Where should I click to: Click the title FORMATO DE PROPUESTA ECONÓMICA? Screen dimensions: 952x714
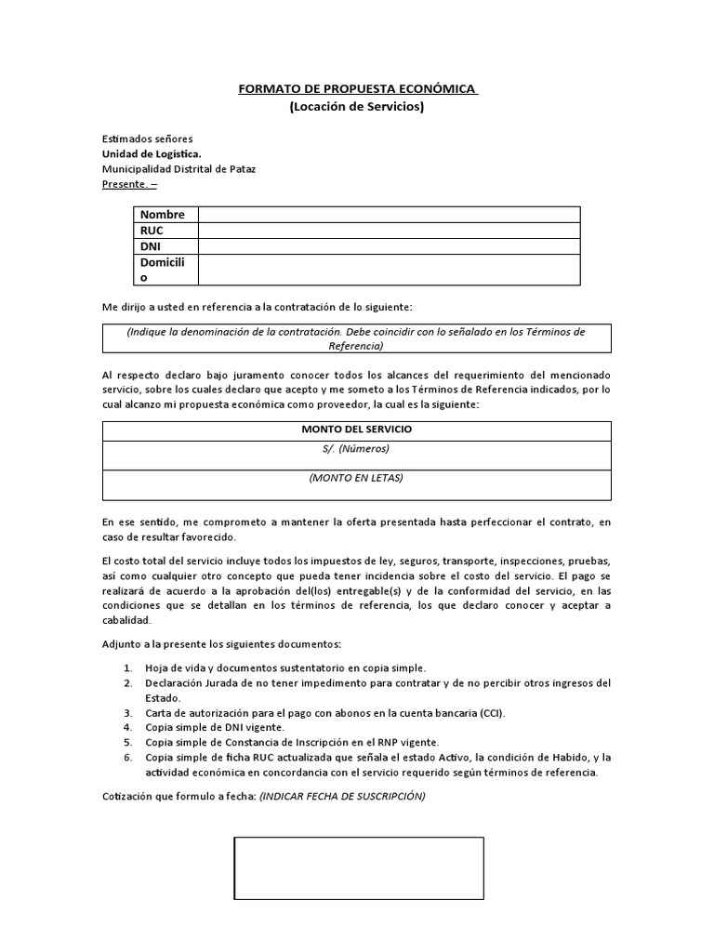pos(357,89)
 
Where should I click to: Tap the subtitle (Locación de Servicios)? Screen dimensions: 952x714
pos(357,107)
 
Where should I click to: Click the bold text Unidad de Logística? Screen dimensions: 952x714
pos(151,154)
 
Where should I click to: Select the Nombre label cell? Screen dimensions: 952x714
pos(163,215)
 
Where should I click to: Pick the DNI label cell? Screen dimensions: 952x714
pos(151,246)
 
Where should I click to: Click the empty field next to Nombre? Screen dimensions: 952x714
pos(388,215)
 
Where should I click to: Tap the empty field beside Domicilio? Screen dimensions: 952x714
pos(388,270)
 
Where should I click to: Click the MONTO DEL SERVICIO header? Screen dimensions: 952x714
pos(357,430)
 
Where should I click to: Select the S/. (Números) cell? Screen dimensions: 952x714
pos(357,449)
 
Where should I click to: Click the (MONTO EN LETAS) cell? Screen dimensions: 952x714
pos(357,478)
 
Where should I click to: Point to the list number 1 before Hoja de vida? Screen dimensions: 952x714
pos(127,668)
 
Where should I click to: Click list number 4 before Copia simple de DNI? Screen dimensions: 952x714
pos(127,728)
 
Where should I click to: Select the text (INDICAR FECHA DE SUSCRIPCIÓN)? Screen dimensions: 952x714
pos(342,797)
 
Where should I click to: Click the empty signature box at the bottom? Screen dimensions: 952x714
pos(359,868)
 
